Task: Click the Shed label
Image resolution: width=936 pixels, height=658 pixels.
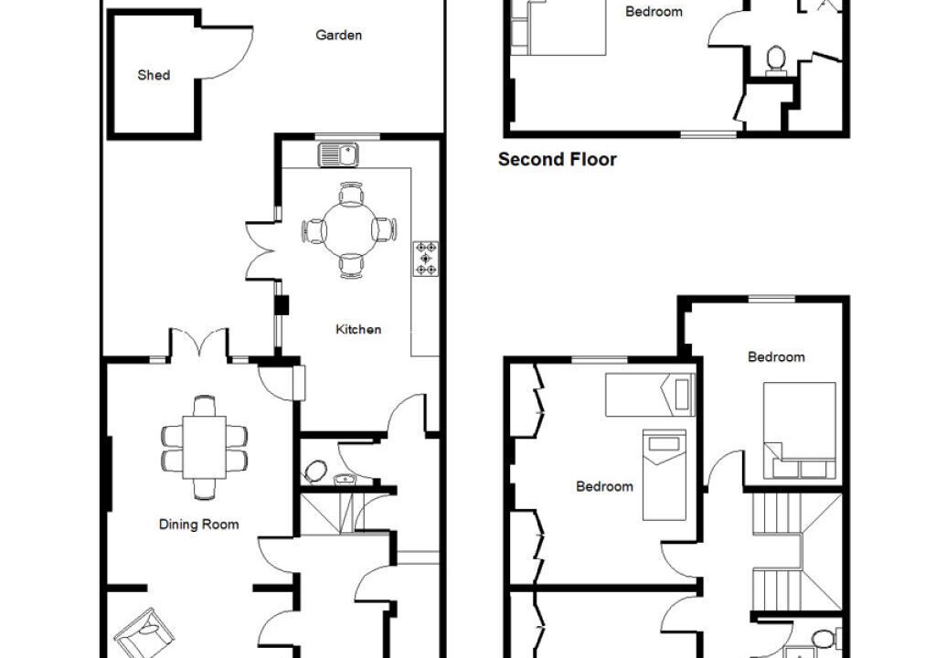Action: point(154,75)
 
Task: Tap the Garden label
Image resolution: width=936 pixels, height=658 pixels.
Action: point(338,36)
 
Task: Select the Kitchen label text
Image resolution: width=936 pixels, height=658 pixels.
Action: point(358,330)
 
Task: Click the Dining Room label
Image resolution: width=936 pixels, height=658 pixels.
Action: point(198,525)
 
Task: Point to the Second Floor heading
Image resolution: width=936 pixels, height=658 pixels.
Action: point(557,159)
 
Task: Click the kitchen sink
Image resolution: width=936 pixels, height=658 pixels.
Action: point(338,155)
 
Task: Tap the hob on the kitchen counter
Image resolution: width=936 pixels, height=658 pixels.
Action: point(426,259)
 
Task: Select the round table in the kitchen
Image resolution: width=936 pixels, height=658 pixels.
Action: point(350,230)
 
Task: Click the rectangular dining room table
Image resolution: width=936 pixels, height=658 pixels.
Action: point(205,447)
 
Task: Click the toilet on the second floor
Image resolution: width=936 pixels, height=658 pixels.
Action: point(775,60)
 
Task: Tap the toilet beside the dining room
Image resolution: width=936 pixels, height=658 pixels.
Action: point(314,471)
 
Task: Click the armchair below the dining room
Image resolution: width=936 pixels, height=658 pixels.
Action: point(144,634)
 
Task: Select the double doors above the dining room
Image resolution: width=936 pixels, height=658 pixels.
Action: point(198,344)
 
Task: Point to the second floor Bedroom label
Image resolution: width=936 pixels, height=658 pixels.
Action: point(654,12)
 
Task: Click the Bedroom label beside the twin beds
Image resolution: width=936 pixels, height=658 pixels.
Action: point(604,486)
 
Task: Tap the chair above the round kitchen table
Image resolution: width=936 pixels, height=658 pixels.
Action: point(350,194)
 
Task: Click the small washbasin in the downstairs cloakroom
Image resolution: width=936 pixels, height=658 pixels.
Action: point(343,480)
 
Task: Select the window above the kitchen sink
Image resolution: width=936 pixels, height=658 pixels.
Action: point(346,137)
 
